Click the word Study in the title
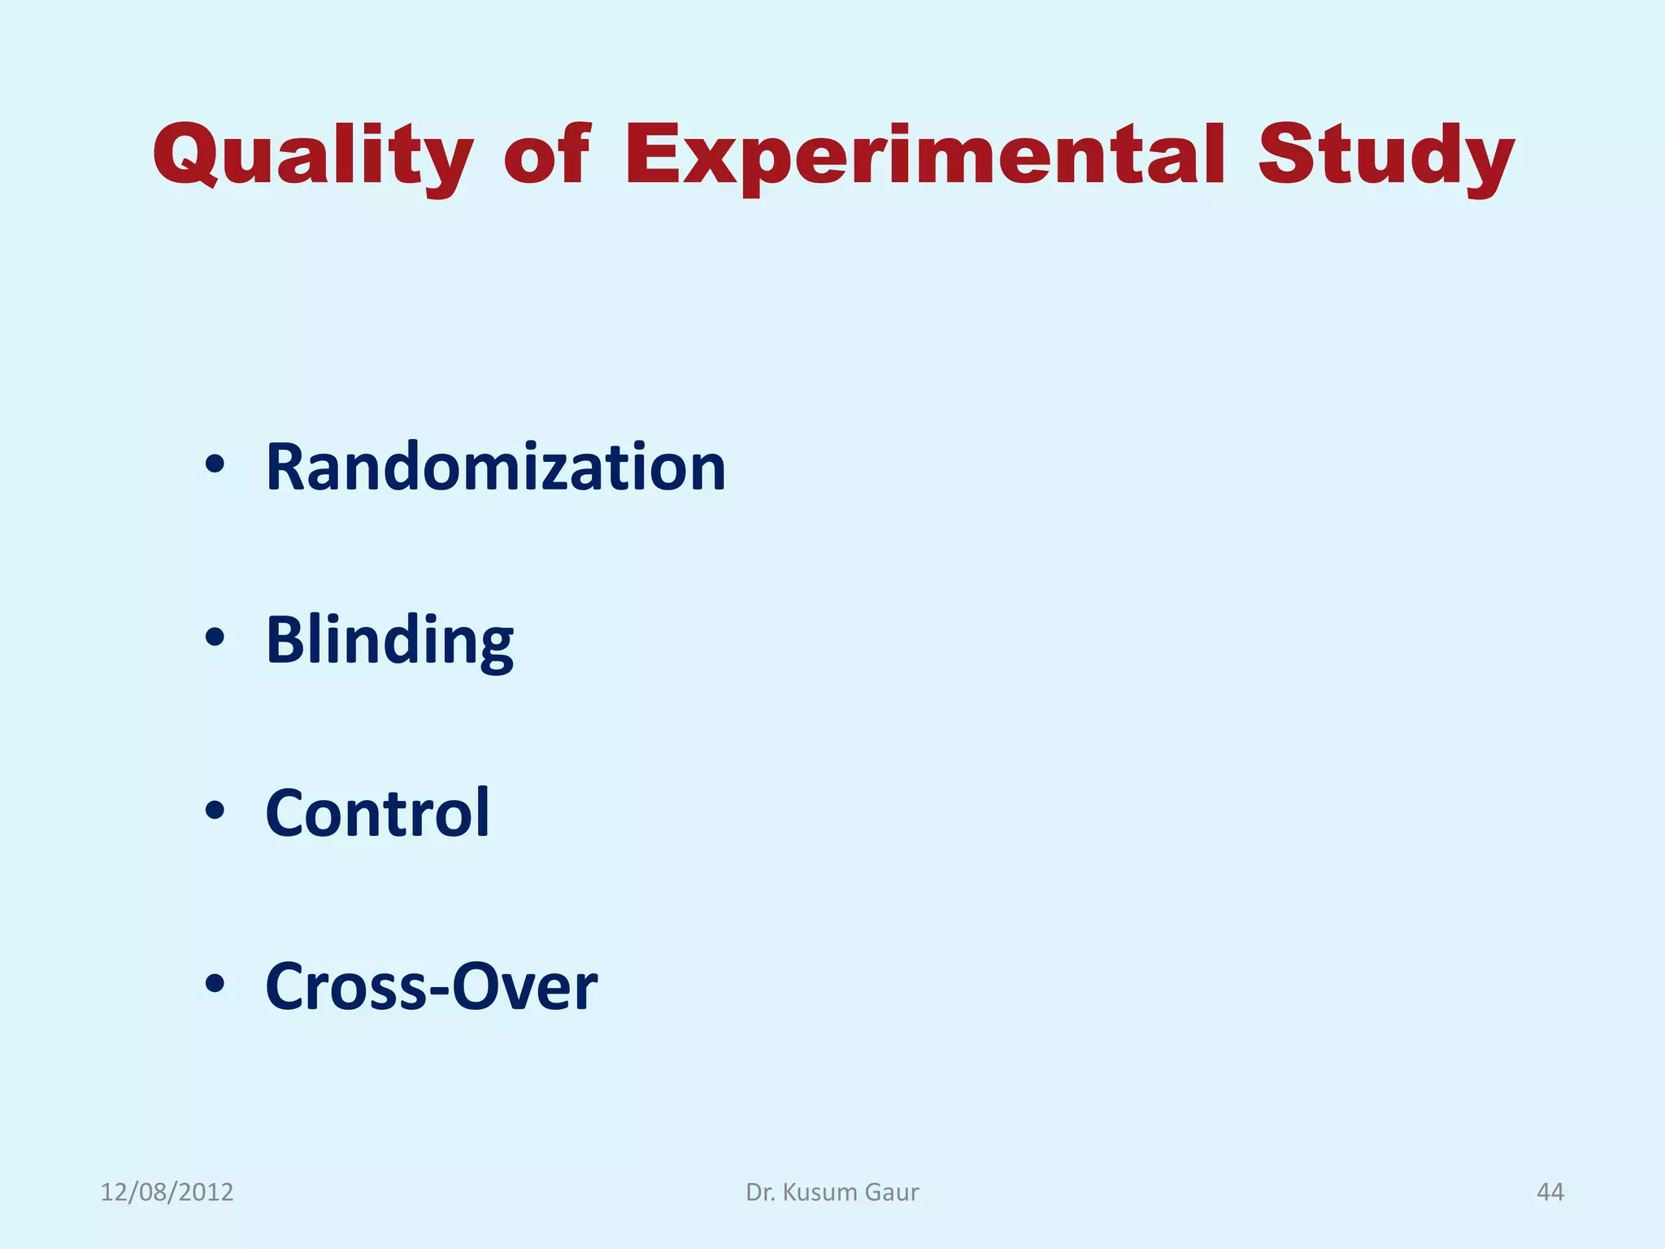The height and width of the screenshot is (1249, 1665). pyautogui.click(x=1385, y=156)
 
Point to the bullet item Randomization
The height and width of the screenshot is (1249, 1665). pyautogui.click(x=495, y=468)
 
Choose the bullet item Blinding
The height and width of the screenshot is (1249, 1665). pyautogui.click(x=389, y=641)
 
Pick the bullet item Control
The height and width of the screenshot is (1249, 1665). pyautogui.click(x=377, y=813)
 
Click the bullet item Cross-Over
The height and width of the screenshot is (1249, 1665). pyautogui.click(x=431, y=986)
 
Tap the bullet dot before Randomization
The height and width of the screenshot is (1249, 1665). pyautogui.click(x=215, y=466)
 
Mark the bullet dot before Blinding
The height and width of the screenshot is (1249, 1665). pyautogui.click(x=215, y=638)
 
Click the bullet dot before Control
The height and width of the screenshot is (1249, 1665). pyautogui.click(x=215, y=811)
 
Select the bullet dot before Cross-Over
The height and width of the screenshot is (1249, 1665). pyautogui.click(x=215, y=984)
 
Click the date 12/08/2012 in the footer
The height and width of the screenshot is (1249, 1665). pyautogui.click(x=167, y=1192)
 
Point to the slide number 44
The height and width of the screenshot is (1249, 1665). pyautogui.click(x=1550, y=1192)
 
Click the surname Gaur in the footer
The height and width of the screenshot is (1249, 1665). pyautogui.click(x=892, y=1192)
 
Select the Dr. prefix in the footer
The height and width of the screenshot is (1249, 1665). pyautogui.click(x=760, y=1192)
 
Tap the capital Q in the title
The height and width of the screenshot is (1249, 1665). pyautogui.click(x=186, y=154)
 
